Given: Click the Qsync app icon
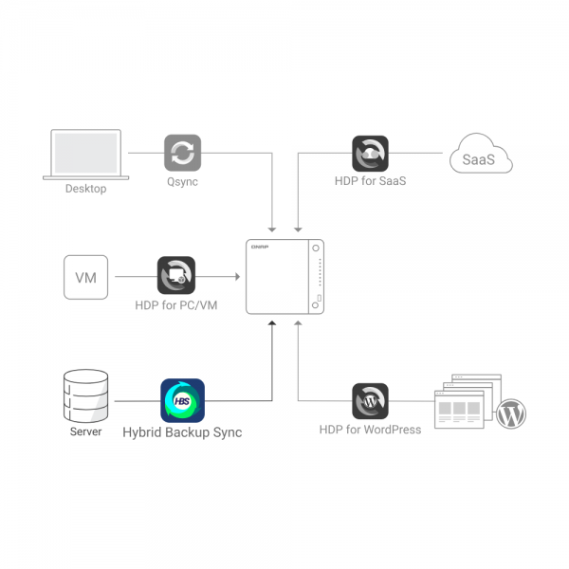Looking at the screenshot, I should (x=182, y=153).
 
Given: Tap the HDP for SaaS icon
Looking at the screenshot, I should (x=370, y=153).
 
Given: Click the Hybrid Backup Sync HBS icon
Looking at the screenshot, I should (x=182, y=400).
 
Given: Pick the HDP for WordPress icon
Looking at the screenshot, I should (x=370, y=400).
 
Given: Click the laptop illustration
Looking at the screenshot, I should (x=86, y=154).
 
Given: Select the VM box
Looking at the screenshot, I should (x=85, y=276).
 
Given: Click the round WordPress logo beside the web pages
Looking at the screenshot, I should (x=511, y=413).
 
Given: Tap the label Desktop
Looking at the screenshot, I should (x=85, y=189).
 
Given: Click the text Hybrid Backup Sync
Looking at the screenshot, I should (x=182, y=432).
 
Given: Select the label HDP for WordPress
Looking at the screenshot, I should (x=370, y=430).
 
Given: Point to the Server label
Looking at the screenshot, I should (x=85, y=432).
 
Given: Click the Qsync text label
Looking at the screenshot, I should (x=182, y=181).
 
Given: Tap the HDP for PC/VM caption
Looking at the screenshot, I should (x=176, y=304).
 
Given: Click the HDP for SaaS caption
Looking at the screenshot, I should (x=370, y=181).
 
